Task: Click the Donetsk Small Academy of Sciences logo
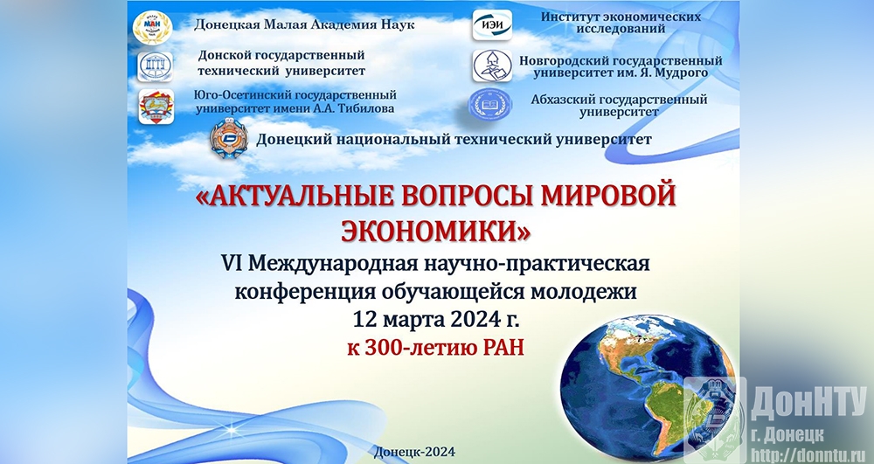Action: click(x=152, y=27)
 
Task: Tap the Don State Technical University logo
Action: click(x=156, y=66)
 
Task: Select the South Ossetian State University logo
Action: click(x=156, y=107)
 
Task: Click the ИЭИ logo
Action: click(x=492, y=24)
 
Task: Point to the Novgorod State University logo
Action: click(x=492, y=66)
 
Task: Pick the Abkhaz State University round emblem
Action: click(x=489, y=105)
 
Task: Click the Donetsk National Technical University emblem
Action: click(x=228, y=139)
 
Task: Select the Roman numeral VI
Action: click(x=232, y=262)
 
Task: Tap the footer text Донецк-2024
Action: click(x=415, y=452)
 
